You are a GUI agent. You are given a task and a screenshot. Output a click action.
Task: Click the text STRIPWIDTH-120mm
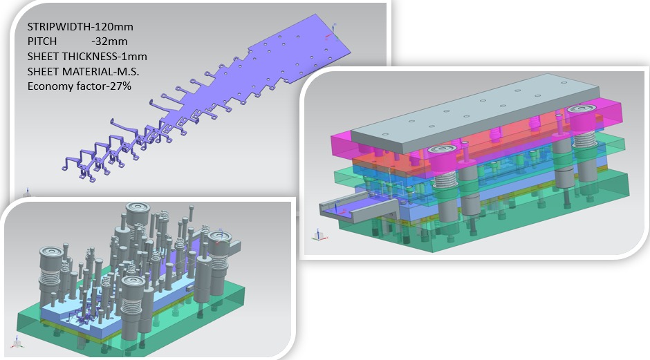coord(80,27)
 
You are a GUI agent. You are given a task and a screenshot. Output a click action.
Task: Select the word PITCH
coord(42,41)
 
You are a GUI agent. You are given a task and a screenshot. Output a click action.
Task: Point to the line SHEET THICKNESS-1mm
coord(86,57)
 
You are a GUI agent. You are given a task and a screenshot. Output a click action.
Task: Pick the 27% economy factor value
coord(120,86)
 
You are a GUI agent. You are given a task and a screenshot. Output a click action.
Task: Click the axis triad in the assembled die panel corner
coord(317,234)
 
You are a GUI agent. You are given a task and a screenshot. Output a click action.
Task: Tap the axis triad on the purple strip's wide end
coord(334,27)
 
